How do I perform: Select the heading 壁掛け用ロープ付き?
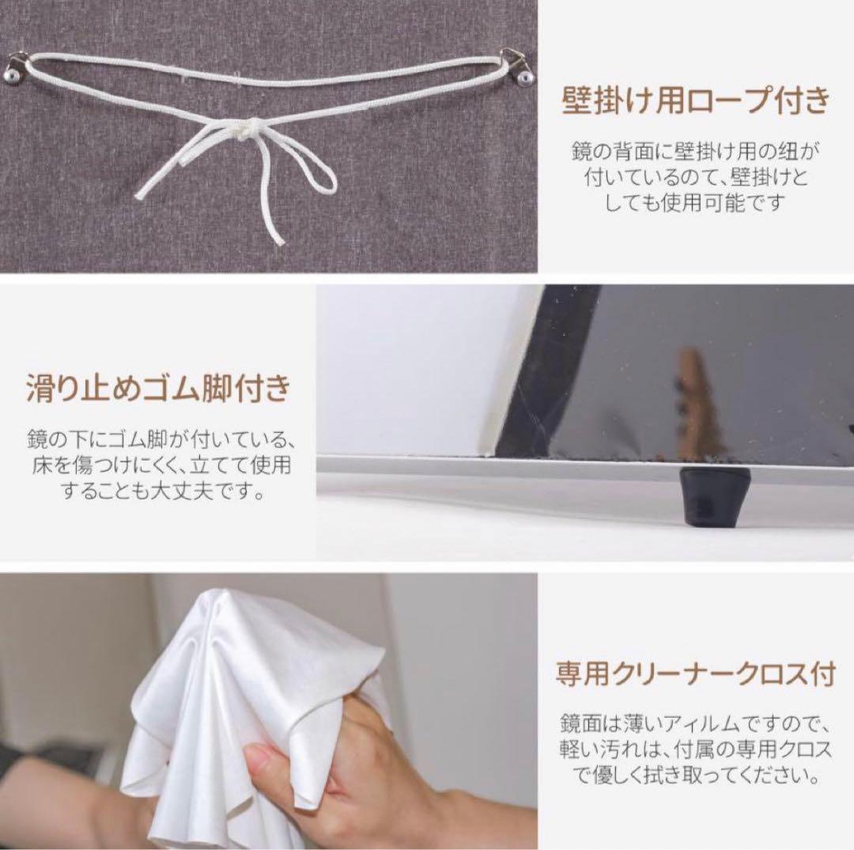696,102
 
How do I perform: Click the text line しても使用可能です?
696,202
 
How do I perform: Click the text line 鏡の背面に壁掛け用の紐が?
696,149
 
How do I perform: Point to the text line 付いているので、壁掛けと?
696,176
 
